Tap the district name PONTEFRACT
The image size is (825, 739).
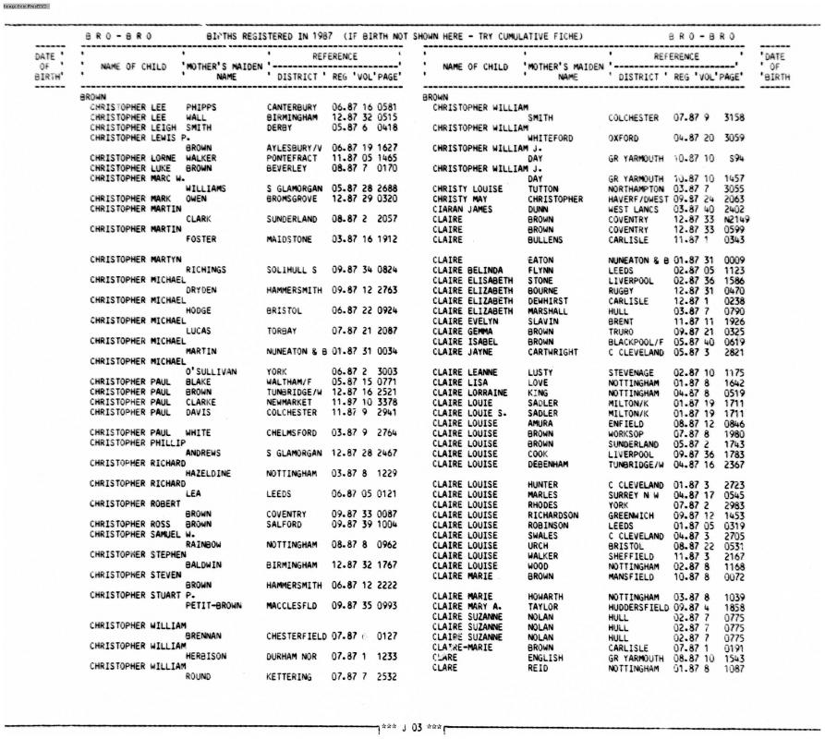(x=291, y=158)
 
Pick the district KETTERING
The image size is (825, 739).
(x=289, y=676)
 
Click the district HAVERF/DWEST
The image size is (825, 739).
(x=639, y=199)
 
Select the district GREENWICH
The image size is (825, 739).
(x=633, y=515)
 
